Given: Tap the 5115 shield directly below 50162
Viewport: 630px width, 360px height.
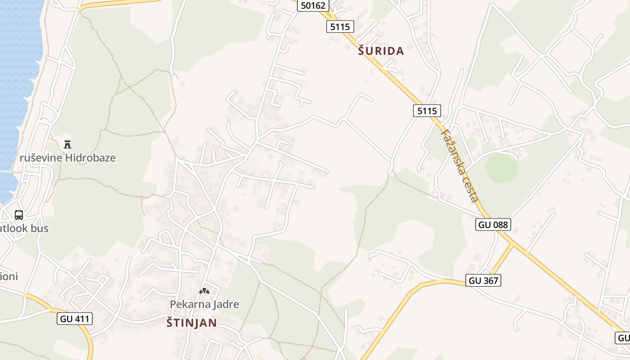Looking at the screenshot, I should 340,27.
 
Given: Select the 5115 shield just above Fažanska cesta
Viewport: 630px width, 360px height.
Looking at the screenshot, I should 427,111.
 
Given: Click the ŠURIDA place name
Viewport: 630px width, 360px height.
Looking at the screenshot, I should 381,51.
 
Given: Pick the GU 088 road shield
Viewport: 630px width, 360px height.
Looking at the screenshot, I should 493,225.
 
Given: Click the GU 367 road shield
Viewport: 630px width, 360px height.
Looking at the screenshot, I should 484,280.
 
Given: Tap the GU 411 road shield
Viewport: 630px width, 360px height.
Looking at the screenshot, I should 75,319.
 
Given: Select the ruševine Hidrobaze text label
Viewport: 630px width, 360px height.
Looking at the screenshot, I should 67,158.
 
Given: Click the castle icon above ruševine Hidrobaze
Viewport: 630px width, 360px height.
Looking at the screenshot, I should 68,144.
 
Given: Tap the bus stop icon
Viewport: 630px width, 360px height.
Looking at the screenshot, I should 19,215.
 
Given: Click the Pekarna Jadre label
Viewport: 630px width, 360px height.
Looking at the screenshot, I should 204,304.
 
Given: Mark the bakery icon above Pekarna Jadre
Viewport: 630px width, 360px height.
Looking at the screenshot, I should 204,291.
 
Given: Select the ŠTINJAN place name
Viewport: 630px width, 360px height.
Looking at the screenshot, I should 192,323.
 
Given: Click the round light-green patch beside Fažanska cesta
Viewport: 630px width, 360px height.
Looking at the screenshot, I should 501,168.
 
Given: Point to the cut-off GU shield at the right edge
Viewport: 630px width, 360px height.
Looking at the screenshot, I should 623,337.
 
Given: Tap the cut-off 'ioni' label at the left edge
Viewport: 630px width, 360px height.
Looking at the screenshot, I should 9,276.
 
